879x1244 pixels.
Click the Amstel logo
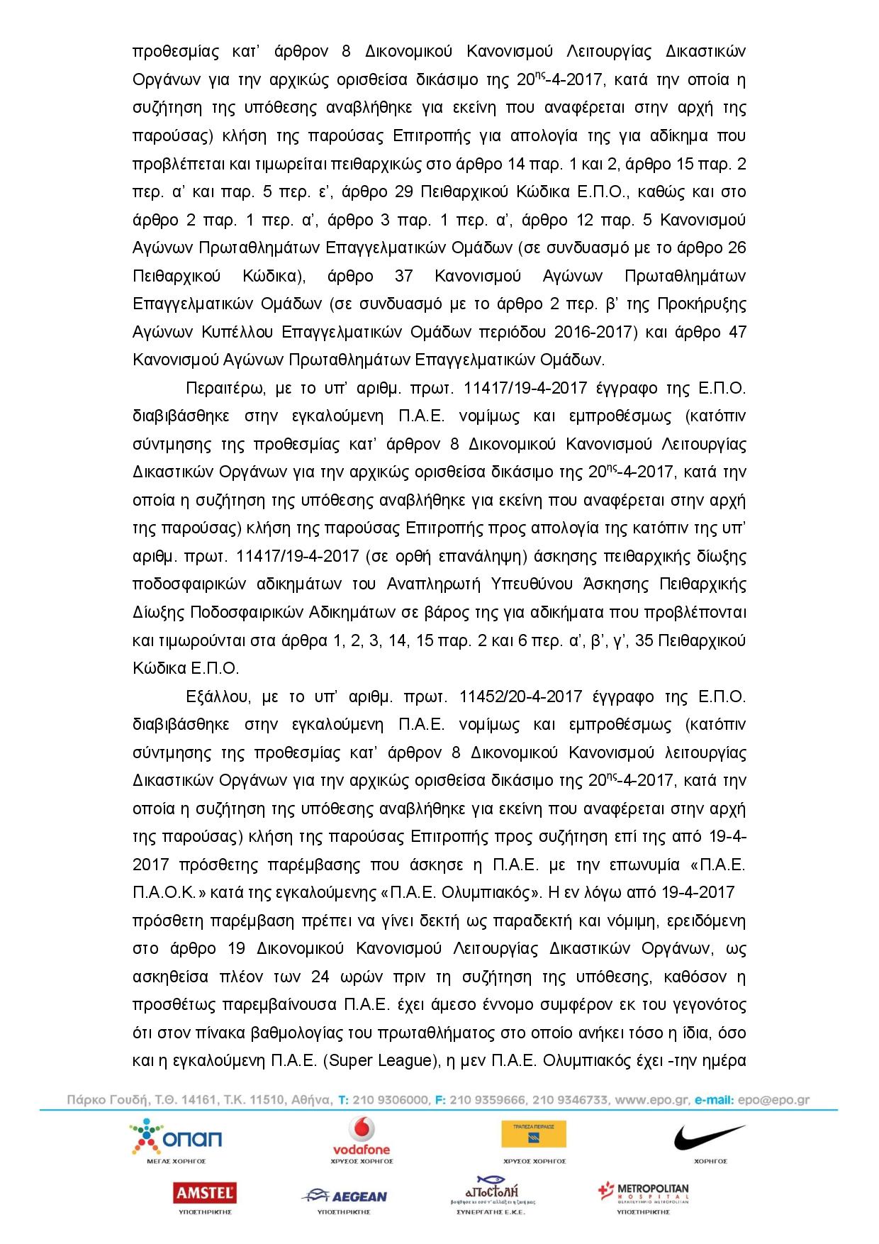tap(206, 1193)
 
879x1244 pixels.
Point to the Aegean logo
tap(345, 1196)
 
